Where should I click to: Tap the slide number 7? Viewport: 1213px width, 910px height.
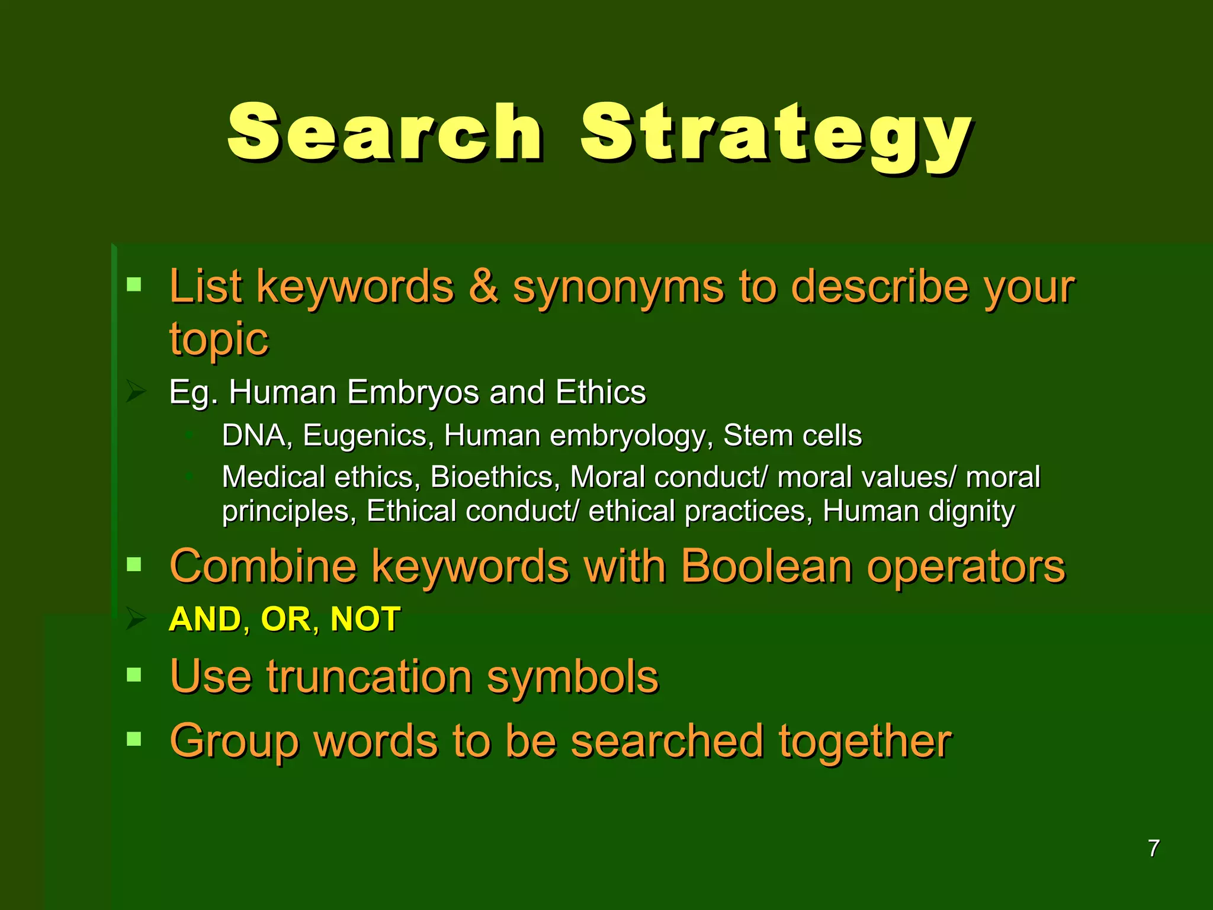coord(1153,848)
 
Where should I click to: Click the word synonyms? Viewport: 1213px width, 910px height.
coord(618,289)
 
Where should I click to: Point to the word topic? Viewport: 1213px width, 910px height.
coord(219,339)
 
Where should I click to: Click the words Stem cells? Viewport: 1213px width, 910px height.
coord(792,435)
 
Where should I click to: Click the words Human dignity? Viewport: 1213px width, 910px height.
coord(918,511)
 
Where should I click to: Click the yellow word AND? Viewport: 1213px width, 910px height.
coord(205,620)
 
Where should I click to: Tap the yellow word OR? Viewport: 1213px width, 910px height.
coord(286,620)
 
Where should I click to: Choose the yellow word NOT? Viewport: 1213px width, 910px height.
coord(365,620)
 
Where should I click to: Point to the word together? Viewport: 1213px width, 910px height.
coord(864,742)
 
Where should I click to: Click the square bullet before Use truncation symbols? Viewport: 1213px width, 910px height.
coord(134,674)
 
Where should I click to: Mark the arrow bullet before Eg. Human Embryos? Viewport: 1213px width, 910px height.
coord(136,392)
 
